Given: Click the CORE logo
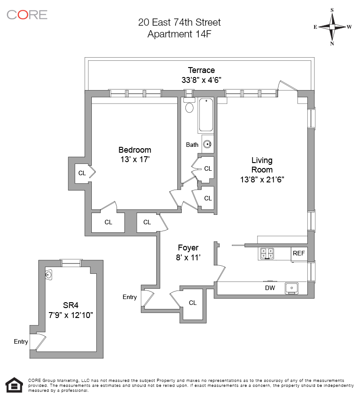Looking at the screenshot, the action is [x=27, y=14].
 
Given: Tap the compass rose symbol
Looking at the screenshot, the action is [x=332, y=27].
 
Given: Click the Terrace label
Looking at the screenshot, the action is [x=201, y=70].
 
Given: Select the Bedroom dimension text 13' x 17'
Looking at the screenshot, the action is [x=135, y=159].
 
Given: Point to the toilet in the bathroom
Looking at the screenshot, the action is [x=189, y=107].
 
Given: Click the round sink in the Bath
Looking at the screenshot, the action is [x=207, y=145].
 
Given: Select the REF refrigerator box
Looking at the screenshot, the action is [x=299, y=254].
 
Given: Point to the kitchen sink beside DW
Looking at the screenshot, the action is [x=292, y=287].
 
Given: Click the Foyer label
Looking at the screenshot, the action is [x=188, y=248].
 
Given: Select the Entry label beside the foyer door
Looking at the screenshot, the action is [x=130, y=297].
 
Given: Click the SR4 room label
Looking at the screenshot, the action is [x=70, y=304].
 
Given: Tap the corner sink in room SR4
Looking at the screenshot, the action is [x=48, y=275].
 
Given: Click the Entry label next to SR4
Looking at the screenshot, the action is [x=21, y=342].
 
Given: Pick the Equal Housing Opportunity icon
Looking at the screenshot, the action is [x=14, y=385].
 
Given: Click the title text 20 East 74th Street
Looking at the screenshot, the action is [x=179, y=22].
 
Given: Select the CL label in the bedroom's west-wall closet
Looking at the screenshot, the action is [x=82, y=172].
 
